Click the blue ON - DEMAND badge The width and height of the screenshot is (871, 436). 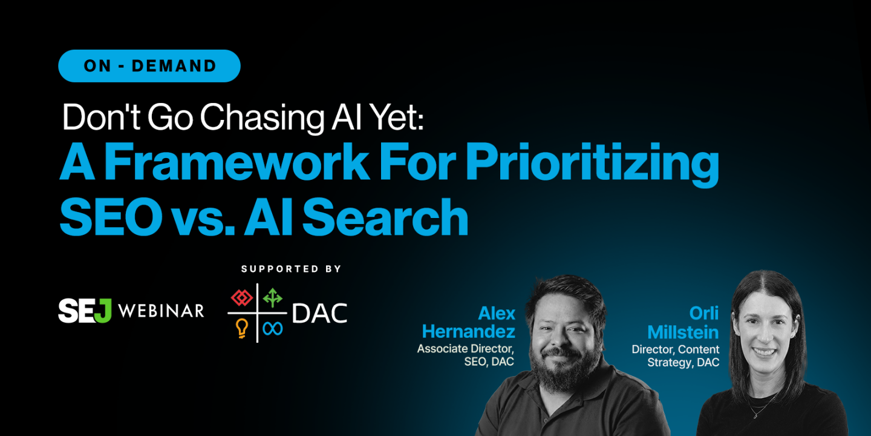coord(149,66)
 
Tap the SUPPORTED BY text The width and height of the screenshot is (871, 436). coord(292,269)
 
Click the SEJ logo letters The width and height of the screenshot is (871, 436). coord(85,311)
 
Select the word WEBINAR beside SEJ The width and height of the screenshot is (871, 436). coord(161,311)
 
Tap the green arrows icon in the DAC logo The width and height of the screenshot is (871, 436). coord(272,297)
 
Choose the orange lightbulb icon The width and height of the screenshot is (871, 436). coord(243,328)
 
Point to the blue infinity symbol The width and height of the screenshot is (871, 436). coord(273,328)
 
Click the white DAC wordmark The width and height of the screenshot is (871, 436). coord(319,313)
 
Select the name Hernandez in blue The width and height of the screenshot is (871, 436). coord(469,331)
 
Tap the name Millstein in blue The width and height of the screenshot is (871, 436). coord(683,332)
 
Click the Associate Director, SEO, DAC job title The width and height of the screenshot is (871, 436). coord(466,355)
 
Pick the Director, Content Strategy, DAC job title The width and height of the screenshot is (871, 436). coord(676,356)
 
